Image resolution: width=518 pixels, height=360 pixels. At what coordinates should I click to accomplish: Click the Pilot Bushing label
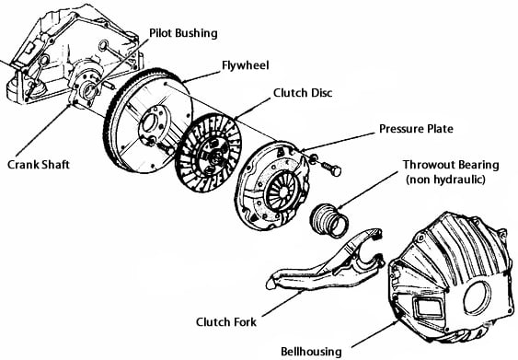pos(183,33)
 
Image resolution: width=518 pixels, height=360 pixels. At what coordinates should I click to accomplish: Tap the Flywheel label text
pos(245,65)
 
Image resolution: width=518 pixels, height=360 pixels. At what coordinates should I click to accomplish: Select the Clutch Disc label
pos(303,93)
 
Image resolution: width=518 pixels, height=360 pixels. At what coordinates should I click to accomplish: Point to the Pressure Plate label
pos(416,129)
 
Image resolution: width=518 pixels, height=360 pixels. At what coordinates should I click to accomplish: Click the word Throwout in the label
pos(425,165)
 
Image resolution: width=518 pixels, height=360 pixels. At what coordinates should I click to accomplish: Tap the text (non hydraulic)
pos(445,180)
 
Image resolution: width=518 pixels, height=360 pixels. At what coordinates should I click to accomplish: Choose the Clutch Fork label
pos(226,321)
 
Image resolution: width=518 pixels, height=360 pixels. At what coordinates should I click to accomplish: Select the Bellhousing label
pos(311,352)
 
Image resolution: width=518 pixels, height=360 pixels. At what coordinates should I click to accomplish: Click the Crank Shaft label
pos(39,164)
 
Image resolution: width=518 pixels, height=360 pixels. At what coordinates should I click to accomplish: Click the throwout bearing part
pos(329,220)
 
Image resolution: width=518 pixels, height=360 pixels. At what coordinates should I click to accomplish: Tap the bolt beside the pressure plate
pos(331,168)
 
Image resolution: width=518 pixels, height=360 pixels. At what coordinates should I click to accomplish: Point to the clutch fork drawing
pos(326,261)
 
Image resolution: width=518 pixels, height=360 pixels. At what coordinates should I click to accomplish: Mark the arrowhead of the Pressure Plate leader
pos(300,151)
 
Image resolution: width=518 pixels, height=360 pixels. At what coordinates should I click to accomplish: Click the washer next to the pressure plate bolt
pos(313,158)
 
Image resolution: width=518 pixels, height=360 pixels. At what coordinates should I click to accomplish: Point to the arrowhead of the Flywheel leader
pos(184,81)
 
